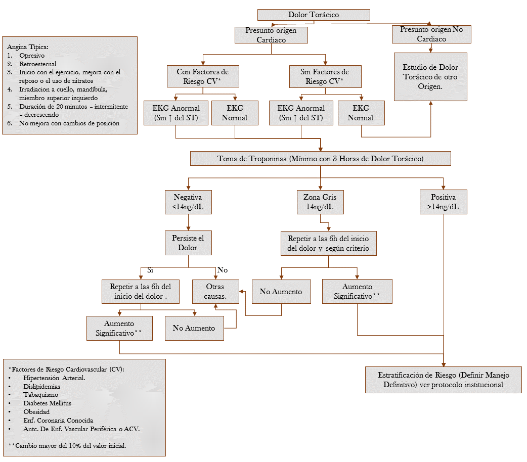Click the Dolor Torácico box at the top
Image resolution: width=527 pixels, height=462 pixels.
[x=314, y=15]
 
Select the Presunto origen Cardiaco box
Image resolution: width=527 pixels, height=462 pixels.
[x=272, y=34]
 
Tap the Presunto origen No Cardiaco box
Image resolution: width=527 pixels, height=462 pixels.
[x=431, y=34]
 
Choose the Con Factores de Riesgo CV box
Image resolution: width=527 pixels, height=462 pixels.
[x=203, y=76]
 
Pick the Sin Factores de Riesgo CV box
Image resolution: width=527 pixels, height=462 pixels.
[x=325, y=76]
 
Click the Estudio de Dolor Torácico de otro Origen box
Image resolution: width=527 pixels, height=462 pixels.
[x=430, y=77]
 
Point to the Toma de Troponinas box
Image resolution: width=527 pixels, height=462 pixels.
[x=320, y=158]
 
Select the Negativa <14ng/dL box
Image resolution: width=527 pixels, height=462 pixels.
[x=188, y=202]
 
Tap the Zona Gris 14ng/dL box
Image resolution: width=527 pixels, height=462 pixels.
[x=320, y=202]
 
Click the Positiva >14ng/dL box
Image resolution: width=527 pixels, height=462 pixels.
[x=443, y=202]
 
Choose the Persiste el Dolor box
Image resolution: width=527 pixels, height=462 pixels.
[x=188, y=243]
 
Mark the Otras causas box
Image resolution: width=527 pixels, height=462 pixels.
[x=215, y=291]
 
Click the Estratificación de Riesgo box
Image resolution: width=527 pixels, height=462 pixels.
[x=444, y=380]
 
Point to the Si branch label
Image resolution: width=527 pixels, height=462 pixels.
[x=150, y=270]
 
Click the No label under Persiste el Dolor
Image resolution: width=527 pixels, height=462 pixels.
[x=222, y=270]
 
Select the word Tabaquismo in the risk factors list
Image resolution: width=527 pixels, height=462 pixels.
[x=40, y=394]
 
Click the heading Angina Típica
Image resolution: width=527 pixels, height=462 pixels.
[x=28, y=47]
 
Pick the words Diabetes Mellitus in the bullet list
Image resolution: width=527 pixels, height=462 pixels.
[x=47, y=403]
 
